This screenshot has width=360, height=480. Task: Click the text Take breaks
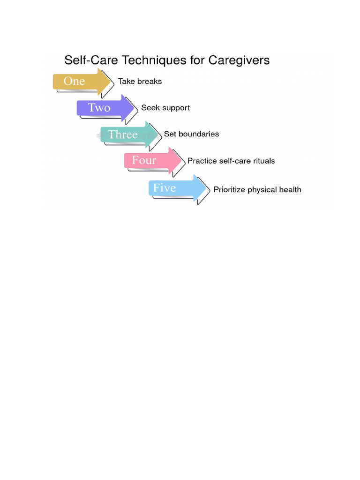coord(140,82)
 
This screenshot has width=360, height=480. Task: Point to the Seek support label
coord(165,108)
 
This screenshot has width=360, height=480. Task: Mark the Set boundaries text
coord(191,134)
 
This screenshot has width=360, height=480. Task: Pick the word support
coord(175,108)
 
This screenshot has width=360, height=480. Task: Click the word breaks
coord(150,82)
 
